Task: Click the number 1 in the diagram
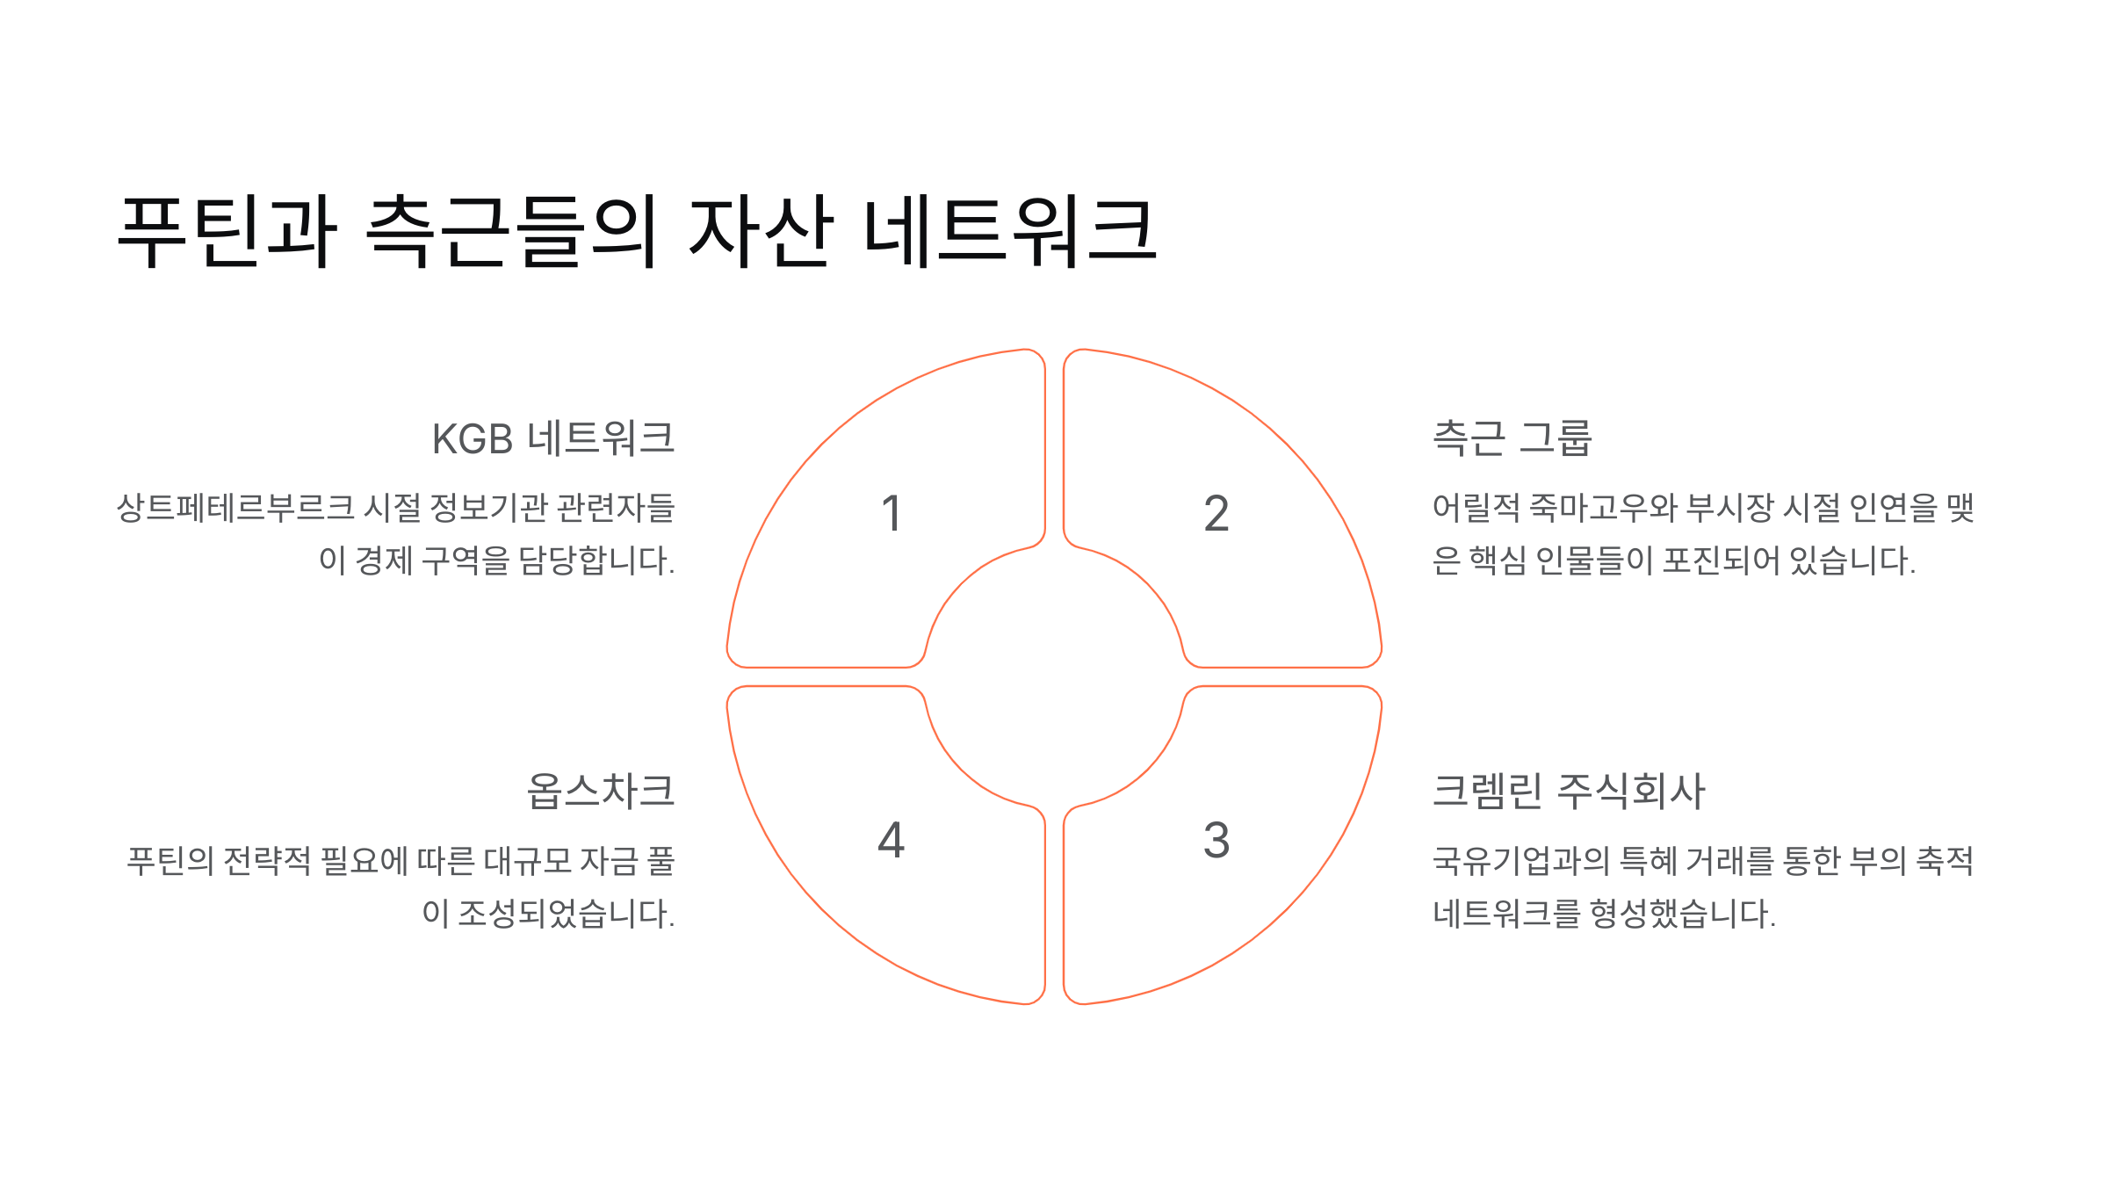point(892,514)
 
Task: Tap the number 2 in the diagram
point(1216,514)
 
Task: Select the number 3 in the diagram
point(1216,841)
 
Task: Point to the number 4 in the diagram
point(892,841)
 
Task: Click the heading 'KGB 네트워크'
point(553,438)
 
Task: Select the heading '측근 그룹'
point(1512,438)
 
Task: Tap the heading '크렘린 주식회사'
point(1569,791)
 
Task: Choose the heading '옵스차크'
point(601,791)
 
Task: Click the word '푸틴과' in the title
point(227,231)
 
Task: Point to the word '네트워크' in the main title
point(1010,231)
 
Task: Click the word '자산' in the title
point(761,231)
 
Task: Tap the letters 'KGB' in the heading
point(473,439)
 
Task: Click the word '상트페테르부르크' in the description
point(235,508)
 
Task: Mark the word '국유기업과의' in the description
point(1520,861)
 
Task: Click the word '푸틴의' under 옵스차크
point(170,861)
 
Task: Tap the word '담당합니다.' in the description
point(597,560)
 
